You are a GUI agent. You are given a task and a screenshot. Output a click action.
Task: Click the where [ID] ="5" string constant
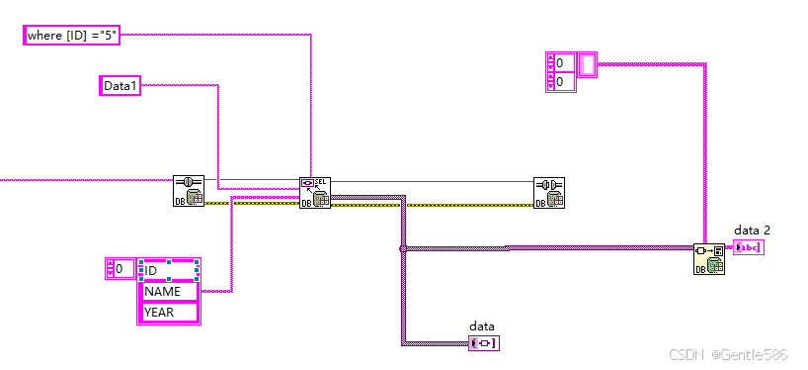click(71, 36)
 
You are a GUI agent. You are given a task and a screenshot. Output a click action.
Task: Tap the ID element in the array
click(169, 270)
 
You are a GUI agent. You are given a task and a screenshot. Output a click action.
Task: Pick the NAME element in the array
click(169, 292)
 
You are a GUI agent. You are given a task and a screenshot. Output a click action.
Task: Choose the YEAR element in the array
click(169, 313)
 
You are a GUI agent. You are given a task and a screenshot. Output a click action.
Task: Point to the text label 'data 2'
click(752, 231)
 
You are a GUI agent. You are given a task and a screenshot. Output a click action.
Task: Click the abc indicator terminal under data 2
click(748, 247)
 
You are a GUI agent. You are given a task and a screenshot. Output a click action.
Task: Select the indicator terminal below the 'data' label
click(484, 343)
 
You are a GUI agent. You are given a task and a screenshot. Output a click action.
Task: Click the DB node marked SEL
click(314, 193)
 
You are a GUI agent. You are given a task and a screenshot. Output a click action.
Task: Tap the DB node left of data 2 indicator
click(708, 259)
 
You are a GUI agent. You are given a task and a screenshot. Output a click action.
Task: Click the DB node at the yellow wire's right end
click(548, 193)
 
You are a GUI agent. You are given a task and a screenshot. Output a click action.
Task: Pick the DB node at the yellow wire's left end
click(188, 191)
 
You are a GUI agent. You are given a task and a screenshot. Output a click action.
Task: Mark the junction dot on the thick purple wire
click(402, 248)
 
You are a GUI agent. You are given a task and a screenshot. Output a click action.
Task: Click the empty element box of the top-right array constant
click(587, 65)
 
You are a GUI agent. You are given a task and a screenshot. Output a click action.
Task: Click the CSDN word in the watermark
click(684, 354)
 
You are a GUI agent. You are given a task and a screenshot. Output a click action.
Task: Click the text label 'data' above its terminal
click(481, 325)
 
